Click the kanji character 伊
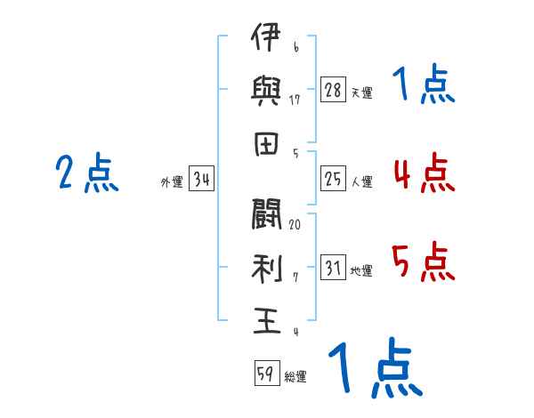pyautogui.click(x=267, y=41)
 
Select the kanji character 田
pyautogui.click(x=267, y=145)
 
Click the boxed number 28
pyautogui.click(x=334, y=90)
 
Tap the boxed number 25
pyautogui.click(x=334, y=180)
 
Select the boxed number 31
pyautogui.click(x=334, y=269)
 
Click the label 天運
pyautogui.click(x=361, y=92)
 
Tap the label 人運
pyautogui.click(x=361, y=182)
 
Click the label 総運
pyautogui.click(x=295, y=377)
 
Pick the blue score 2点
pyautogui.click(x=85, y=173)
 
